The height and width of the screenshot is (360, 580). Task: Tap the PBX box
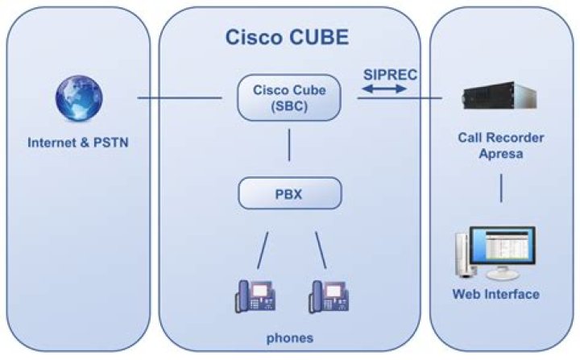289,193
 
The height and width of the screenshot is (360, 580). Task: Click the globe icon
78,99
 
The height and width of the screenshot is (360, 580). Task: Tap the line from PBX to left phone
263,250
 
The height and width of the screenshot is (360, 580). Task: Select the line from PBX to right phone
320,250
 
